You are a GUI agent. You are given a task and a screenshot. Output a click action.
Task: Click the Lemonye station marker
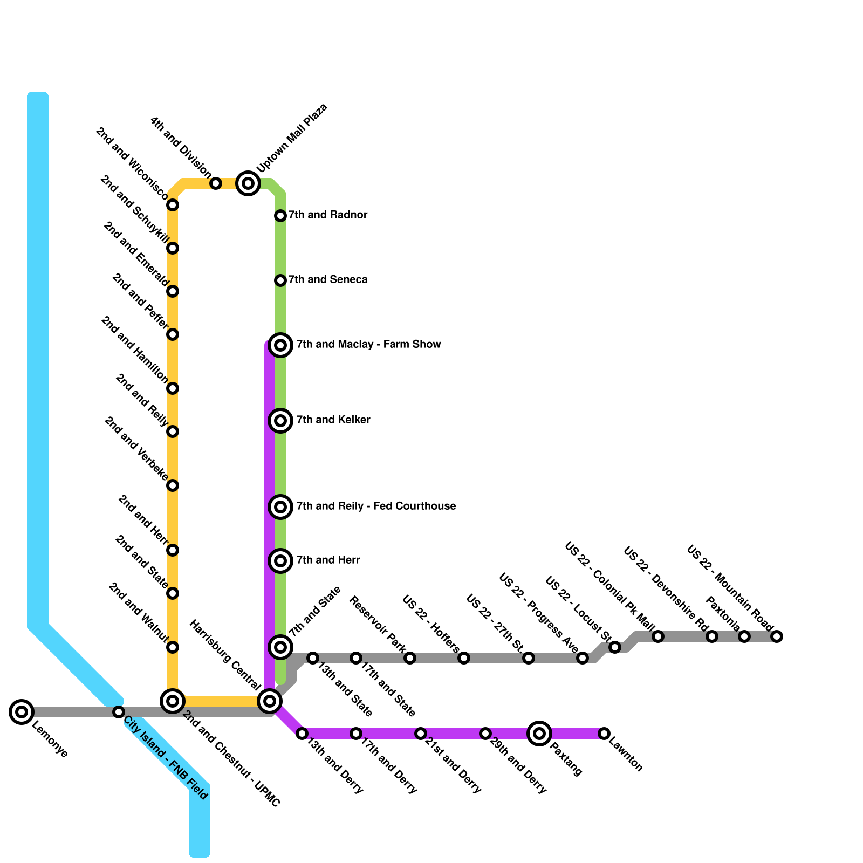22,712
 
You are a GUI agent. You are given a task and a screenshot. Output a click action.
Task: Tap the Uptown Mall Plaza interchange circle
248,183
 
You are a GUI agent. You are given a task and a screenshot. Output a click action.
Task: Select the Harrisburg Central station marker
270,701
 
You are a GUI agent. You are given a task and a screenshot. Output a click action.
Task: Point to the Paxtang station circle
539,734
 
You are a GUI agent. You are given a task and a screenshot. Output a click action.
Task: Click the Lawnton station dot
604,734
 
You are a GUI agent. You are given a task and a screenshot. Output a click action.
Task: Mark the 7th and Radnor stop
280,216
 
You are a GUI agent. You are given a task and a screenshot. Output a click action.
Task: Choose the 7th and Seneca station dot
280,280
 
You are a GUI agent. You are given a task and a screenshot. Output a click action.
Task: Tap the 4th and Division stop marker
216,183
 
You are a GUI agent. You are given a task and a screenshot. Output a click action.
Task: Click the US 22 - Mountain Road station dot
777,636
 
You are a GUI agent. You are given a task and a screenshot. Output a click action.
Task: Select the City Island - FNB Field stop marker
119,712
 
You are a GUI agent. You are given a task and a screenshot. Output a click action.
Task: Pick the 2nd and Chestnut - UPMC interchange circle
173,701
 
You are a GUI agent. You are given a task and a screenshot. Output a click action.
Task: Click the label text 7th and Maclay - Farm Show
368,344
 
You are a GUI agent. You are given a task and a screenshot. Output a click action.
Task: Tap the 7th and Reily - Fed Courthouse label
376,506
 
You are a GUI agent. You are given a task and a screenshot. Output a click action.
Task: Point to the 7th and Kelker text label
333,420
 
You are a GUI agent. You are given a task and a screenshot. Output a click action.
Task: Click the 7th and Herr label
328,560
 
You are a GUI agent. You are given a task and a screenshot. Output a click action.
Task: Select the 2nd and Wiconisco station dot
173,205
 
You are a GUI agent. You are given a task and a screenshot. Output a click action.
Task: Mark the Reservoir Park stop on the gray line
410,658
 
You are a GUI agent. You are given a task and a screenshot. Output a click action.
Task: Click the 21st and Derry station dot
421,734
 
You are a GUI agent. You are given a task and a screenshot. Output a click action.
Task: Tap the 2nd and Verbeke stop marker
173,485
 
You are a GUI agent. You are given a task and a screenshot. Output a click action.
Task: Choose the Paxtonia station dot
744,636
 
